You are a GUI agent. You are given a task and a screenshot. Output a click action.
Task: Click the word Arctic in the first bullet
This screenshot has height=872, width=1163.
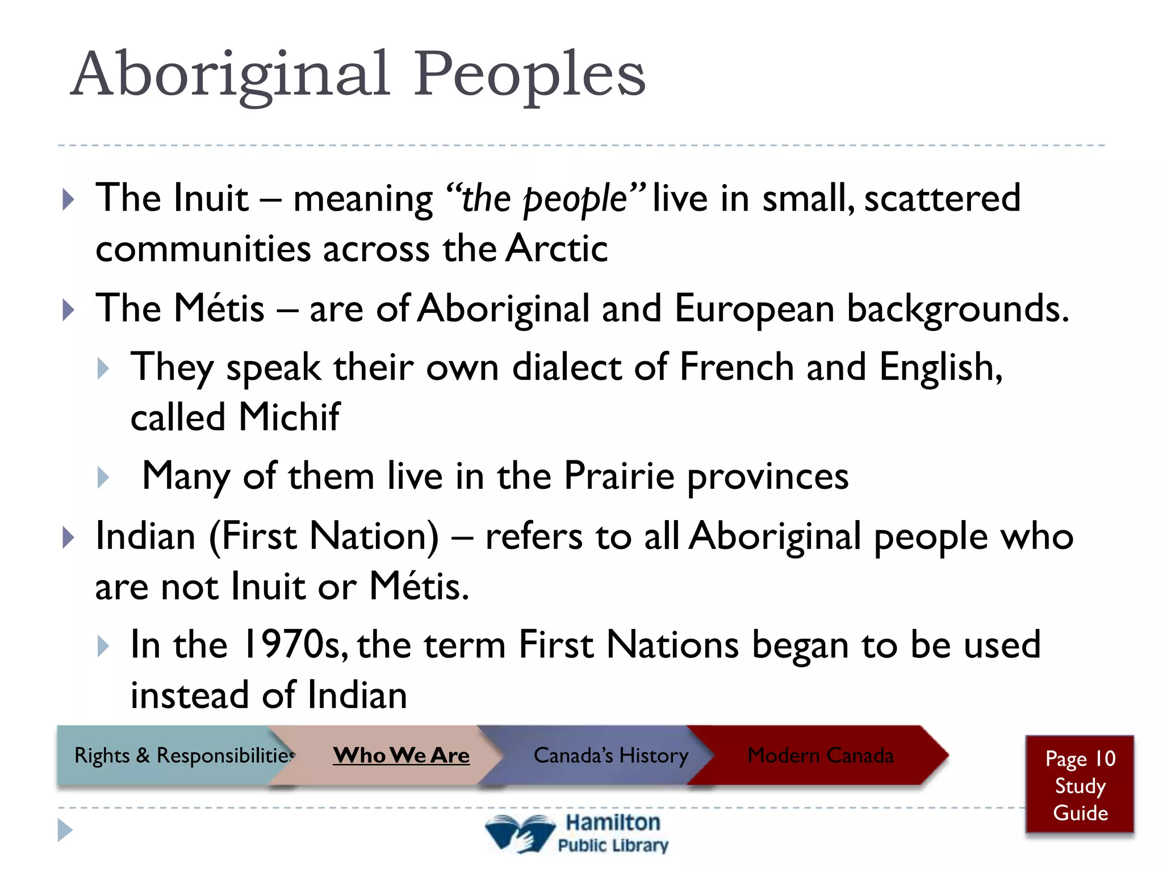(x=557, y=249)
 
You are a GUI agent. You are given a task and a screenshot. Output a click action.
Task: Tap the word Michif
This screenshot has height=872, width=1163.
(x=289, y=417)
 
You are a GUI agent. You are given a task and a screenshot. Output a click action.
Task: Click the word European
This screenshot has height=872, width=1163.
(x=754, y=309)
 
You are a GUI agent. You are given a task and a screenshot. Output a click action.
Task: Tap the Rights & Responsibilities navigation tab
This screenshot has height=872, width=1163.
(x=184, y=755)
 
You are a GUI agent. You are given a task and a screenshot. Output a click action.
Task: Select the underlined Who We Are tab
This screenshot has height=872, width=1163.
(x=401, y=755)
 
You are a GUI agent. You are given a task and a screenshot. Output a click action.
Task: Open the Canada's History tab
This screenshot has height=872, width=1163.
(x=610, y=755)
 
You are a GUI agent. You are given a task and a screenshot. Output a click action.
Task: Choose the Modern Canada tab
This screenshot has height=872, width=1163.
(x=820, y=755)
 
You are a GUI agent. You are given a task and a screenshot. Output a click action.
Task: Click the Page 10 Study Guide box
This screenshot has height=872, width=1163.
(x=1080, y=785)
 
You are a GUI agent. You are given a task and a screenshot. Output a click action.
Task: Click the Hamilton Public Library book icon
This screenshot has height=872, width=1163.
(x=519, y=833)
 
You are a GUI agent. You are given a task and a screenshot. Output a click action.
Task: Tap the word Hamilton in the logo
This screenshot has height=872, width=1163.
(x=613, y=822)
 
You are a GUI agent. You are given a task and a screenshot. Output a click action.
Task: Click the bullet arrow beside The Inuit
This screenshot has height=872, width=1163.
(x=68, y=199)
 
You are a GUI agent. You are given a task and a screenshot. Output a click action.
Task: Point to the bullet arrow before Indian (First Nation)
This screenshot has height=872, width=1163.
(x=68, y=537)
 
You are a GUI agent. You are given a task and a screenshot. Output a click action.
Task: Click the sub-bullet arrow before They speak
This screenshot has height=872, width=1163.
(x=103, y=368)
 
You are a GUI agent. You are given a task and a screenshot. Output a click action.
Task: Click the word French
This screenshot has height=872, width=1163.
(x=736, y=367)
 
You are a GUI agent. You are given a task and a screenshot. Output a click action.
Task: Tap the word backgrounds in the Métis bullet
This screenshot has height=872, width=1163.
(x=957, y=309)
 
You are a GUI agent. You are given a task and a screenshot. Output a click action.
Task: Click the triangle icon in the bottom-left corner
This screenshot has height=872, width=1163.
(x=65, y=830)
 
